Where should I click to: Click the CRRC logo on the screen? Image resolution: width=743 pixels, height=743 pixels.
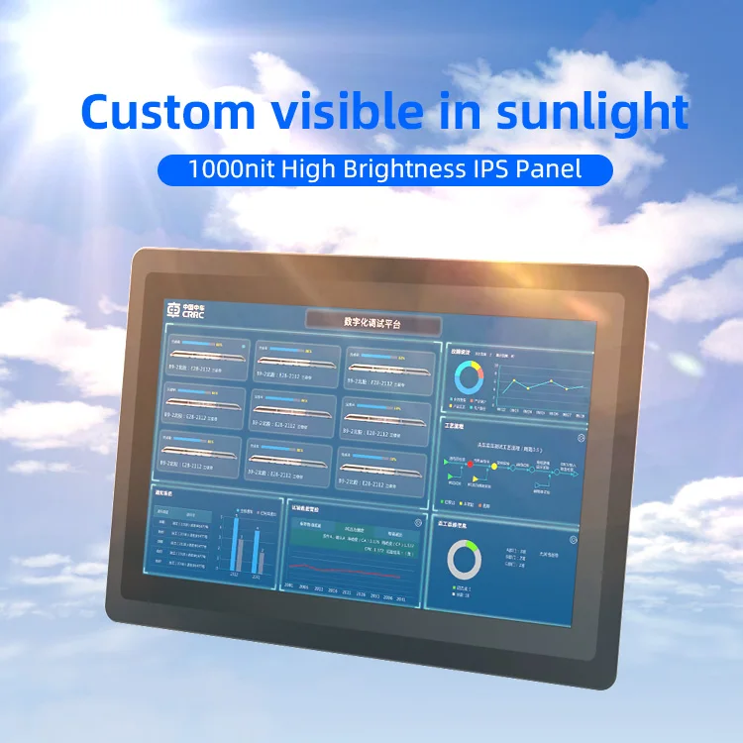point(185,311)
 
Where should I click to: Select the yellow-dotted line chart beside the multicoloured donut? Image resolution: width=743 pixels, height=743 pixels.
point(535,381)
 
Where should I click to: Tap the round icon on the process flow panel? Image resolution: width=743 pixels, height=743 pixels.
point(582,437)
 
